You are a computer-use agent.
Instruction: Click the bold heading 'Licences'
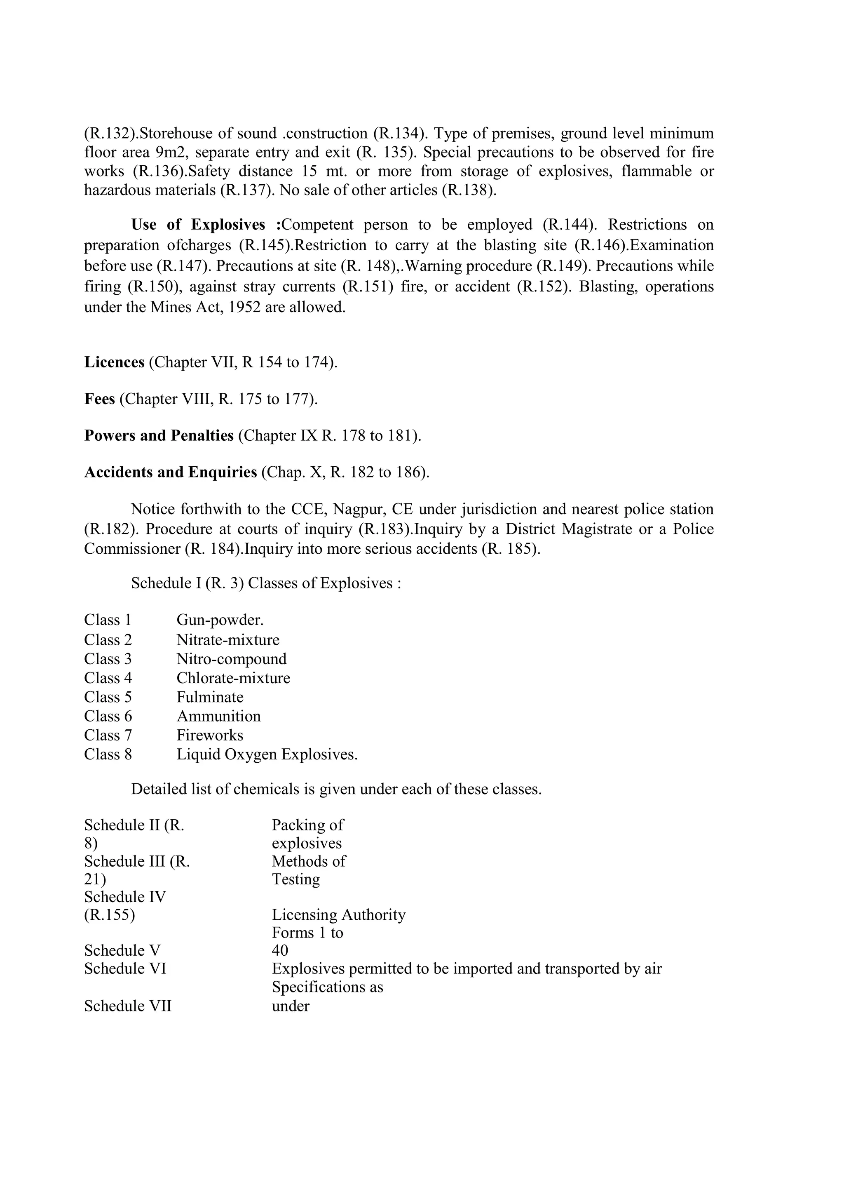(114, 362)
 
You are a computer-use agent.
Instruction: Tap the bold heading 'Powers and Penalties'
(159, 435)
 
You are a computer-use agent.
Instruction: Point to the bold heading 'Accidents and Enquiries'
(171, 472)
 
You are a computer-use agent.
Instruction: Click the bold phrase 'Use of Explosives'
(198, 225)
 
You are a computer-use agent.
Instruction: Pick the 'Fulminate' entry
(210, 697)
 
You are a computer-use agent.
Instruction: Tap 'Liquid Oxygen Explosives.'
(267, 754)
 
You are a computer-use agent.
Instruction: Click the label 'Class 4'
(108, 678)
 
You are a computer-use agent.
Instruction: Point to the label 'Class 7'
(108, 735)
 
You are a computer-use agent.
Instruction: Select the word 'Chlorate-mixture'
(233, 678)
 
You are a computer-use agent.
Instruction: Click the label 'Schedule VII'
(128, 1006)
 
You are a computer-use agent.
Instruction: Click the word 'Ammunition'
(219, 716)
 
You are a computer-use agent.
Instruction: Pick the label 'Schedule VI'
(125, 968)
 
